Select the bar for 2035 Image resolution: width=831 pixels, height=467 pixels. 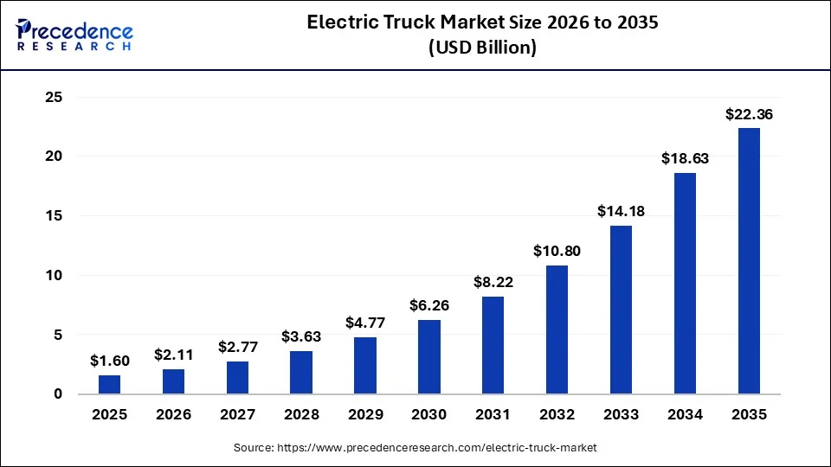[749, 261]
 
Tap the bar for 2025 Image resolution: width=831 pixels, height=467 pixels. [110, 385]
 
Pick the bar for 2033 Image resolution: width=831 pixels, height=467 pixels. [621, 310]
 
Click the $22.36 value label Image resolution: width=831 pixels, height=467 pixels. [749, 114]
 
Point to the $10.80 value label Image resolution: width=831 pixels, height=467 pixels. [557, 252]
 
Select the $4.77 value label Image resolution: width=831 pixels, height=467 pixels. [365, 323]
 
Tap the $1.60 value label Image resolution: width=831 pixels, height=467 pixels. [110, 361]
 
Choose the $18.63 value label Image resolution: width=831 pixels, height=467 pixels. [685, 158]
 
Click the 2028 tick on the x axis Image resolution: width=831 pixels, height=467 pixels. [301, 414]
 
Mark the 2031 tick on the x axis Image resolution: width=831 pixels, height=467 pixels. [493, 414]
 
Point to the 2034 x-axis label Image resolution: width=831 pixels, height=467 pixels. [685, 414]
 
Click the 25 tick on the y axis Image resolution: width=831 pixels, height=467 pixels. [54, 98]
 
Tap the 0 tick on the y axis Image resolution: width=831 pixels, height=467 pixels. [59, 394]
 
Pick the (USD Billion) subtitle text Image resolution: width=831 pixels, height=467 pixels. [483, 48]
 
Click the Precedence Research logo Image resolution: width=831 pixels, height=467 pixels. [74, 35]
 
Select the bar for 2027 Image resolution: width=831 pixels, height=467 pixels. [237, 378]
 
